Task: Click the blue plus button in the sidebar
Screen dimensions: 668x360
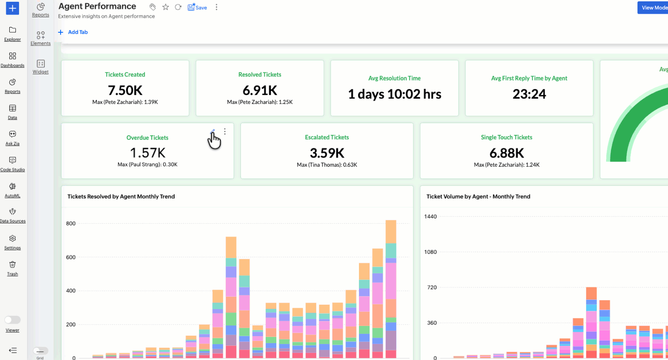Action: click(x=12, y=8)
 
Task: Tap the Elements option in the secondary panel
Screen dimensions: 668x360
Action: click(x=41, y=38)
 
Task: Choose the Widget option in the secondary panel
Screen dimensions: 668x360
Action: click(x=41, y=66)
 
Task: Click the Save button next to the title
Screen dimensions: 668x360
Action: click(x=197, y=8)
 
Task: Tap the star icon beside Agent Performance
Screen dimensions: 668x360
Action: click(x=165, y=7)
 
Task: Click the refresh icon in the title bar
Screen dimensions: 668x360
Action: click(x=178, y=7)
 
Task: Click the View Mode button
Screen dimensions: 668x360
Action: click(x=653, y=8)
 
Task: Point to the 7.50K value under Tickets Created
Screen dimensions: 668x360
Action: click(x=125, y=90)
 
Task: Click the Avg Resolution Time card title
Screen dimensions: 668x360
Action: click(x=394, y=78)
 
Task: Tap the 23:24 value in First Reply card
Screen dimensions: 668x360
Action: click(x=529, y=94)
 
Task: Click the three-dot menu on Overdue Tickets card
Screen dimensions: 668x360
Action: click(x=225, y=131)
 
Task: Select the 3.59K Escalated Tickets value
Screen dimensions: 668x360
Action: click(x=327, y=153)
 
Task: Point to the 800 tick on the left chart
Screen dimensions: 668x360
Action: click(x=71, y=223)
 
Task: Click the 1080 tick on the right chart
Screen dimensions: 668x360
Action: click(x=430, y=252)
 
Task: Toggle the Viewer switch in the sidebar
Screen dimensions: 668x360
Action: click(x=12, y=320)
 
